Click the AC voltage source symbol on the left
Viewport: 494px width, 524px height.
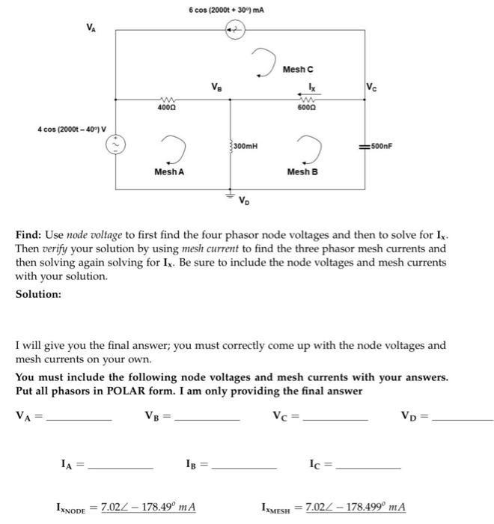[117, 146]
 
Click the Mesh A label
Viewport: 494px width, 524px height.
[169, 172]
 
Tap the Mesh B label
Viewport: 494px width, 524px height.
[302, 172]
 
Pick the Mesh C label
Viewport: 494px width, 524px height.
[298, 69]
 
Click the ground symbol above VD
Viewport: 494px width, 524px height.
[231, 193]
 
